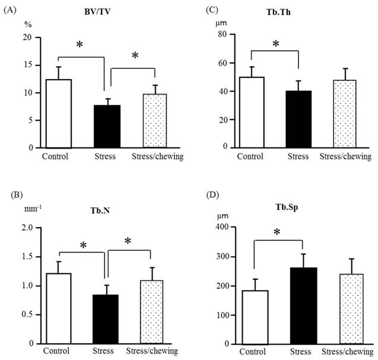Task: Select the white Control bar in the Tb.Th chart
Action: click(x=252, y=112)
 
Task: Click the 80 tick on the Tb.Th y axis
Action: click(x=223, y=34)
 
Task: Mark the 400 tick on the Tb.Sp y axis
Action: click(x=221, y=228)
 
